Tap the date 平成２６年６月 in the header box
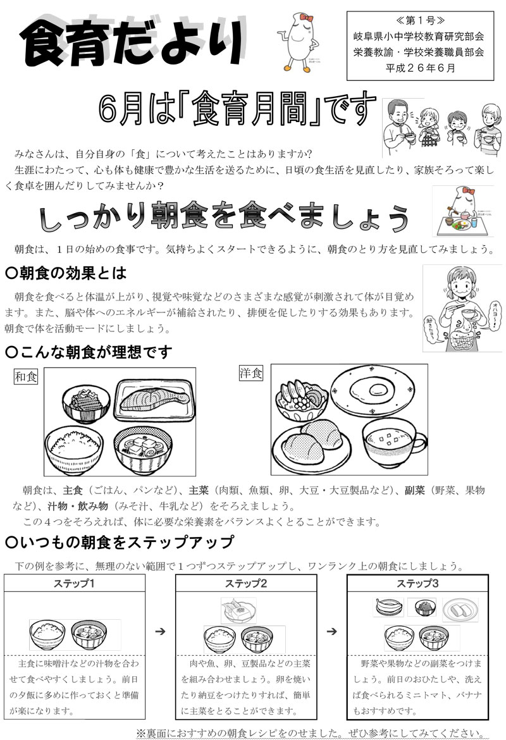(419, 68)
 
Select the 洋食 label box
(249, 373)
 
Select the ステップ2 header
(245, 583)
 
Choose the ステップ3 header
(417, 583)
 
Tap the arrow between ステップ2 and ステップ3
(331, 631)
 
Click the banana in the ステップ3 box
(386, 607)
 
